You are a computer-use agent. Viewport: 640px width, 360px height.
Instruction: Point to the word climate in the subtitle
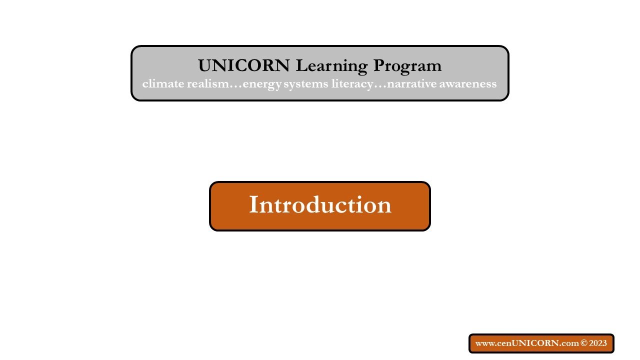coord(162,83)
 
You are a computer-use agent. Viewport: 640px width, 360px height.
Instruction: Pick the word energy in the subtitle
coord(261,84)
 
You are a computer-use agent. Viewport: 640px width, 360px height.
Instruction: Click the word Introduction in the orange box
coord(320,205)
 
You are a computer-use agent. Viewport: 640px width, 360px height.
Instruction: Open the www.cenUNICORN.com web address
coord(527,343)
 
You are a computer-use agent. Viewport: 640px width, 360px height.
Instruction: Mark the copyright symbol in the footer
coord(583,343)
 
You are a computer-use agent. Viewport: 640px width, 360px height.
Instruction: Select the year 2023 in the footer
coord(598,343)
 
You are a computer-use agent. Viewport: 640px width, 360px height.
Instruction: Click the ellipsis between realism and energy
coord(235,85)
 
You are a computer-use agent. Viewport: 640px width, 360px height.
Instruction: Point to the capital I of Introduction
coord(253,205)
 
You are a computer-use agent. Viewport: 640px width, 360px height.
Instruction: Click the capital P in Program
coord(379,65)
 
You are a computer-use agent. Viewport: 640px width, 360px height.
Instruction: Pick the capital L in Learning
coord(300,65)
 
